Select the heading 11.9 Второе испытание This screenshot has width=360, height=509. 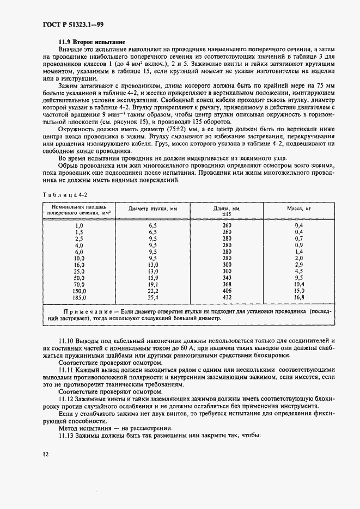click(91, 42)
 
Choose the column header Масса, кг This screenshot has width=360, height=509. click(298, 209)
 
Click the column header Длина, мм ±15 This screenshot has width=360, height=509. click(227, 212)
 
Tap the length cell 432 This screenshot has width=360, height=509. click(227, 297)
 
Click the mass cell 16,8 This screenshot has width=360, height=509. click(298, 297)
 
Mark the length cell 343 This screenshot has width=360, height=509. click(227, 278)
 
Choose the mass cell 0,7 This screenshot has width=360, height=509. click(298, 238)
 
